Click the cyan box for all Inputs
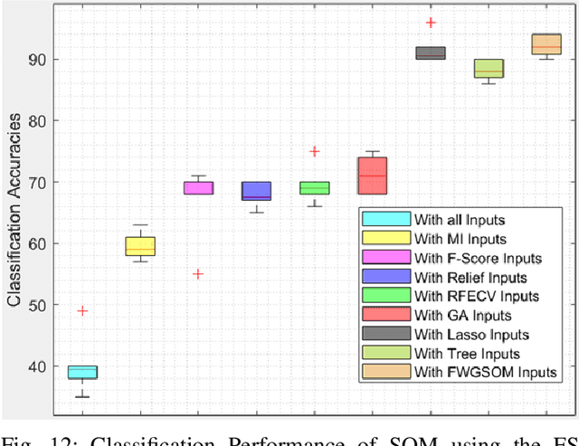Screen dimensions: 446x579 coord(83,372)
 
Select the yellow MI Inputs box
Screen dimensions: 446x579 coord(140,246)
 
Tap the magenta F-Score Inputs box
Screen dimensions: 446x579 coord(198,187)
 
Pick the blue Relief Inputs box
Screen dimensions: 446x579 coord(256,191)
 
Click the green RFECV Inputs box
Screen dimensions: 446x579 coord(314,187)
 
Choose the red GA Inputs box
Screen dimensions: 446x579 coord(372,176)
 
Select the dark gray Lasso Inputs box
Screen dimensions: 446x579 coord(430,53)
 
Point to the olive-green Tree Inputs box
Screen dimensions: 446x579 coord(489,69)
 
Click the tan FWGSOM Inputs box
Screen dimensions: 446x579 coord(546,44)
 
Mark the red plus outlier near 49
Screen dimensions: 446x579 coord(82,311)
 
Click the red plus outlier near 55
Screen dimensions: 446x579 coord(198,274)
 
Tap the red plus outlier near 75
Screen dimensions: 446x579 coord(314,152)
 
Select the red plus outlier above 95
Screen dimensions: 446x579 coord(431,23)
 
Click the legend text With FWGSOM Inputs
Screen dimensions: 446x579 coord(485,372)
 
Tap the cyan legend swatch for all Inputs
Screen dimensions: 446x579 coord(384,219)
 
